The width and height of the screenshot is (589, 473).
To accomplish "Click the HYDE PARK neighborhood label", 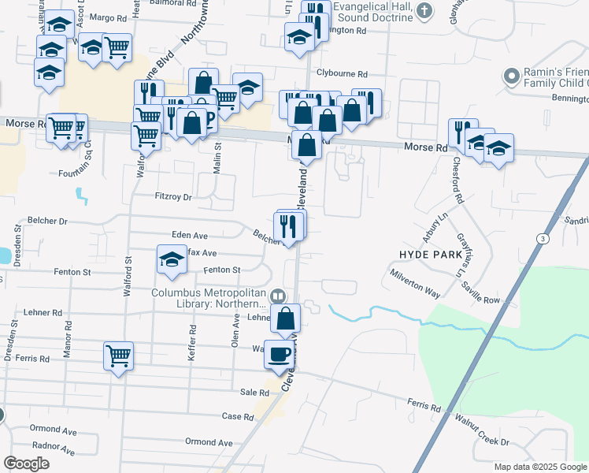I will point(432,254).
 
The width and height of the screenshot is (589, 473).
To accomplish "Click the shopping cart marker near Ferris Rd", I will point(118,356).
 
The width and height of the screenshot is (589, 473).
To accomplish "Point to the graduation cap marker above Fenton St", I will point(171,260).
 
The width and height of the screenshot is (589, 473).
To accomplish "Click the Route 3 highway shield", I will point(542,238).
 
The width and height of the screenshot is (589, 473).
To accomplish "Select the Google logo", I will point(27,464).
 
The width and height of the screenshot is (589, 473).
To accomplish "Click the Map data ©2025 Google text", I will point(539,467).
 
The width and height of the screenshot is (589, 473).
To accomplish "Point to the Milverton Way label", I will point(416,281).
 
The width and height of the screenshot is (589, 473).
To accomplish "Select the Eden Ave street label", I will point(190,235).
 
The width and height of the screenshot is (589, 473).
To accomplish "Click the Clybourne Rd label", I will point(342,73).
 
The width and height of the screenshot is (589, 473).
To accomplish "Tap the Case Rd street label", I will point(238,416).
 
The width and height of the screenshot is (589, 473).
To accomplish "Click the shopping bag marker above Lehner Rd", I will point(286,318).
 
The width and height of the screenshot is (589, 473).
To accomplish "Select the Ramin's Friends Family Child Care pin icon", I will point(513,77).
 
